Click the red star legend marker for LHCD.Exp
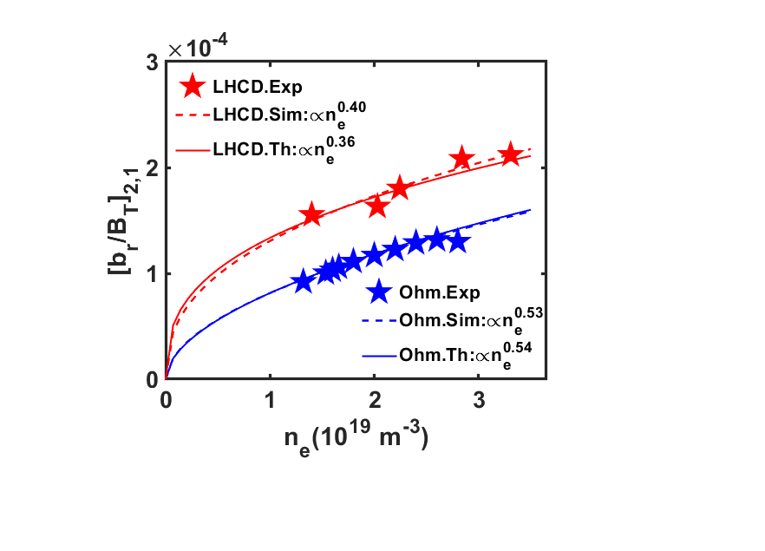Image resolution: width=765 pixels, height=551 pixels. tap(193, 86)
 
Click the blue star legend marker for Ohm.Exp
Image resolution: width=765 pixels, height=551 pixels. tap(377, 291)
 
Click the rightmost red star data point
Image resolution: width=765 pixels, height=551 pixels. tap(510, 155)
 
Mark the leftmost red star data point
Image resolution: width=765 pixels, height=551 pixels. tap(312, 215)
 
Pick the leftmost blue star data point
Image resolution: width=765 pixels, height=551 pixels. tap(302, 281)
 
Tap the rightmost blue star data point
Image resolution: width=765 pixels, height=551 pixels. tap(458, 241)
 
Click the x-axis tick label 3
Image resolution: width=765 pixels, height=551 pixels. tap(479, 402)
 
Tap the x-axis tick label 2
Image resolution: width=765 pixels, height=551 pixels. tap(375, 402)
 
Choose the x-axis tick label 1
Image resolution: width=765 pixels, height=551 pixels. tap(270, 402)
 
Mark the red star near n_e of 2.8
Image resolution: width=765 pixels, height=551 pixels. tap(461, 159)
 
